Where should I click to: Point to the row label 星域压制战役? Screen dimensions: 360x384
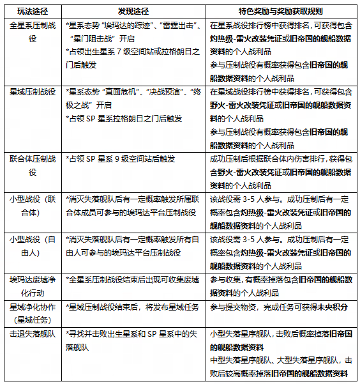click(32, 91)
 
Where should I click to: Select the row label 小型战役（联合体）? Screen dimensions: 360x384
click(32, 205)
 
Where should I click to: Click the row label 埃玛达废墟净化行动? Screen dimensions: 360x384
click(32, 286)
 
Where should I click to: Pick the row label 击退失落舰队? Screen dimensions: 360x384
click(32, 334)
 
